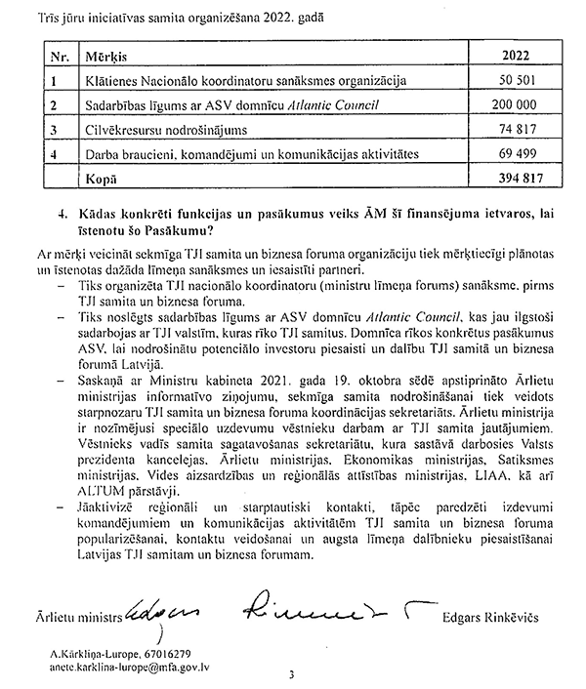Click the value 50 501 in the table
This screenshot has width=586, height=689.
tap(525, 79)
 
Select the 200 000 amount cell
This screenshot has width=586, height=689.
tap(523, 104)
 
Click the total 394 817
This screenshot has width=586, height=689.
tap(523, 179)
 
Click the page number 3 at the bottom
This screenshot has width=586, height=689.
tap(292, 674)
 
